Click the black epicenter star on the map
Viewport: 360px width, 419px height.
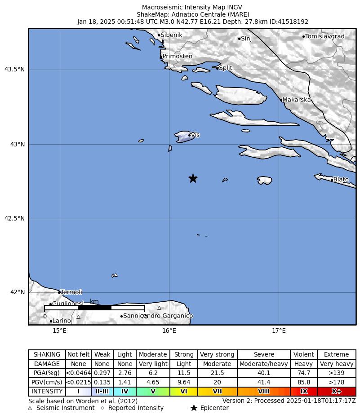tap(193, 178)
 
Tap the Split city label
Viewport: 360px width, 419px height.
tap(225, 68)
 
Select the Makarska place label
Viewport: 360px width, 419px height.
tap(297, 100)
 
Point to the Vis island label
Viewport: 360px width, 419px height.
tap(196, 135)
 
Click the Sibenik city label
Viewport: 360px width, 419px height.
tap(171, 35)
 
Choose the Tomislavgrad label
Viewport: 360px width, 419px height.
tap(324, 36)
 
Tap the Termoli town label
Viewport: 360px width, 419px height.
tap(71, 292)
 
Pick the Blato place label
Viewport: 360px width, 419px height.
tap(341, 180)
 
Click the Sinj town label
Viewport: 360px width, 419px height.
tap(246, 39)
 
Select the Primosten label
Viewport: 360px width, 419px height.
tap(177, 57)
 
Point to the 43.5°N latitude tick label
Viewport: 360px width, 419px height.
tap(14, 69)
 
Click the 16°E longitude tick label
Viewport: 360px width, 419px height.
tap(169, 331)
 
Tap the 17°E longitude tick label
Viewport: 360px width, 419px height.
tap(279, 331)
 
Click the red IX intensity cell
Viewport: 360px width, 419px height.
tap(304, 391)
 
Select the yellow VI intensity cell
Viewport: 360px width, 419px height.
tap(184, 391)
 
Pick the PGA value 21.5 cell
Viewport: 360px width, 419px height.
tap(217, 373)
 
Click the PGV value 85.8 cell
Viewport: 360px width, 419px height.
tap(304, 382)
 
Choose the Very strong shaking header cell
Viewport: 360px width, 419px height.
tap(217, 354)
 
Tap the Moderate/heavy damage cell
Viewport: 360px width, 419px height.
tap(263, 364)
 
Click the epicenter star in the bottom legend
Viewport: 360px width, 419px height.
tap(194, 408)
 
